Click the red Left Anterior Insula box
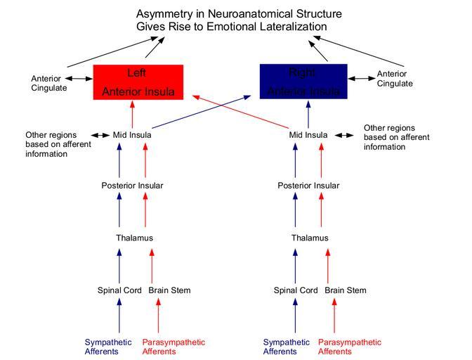coord(138,82)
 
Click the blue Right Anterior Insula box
coord(303,82)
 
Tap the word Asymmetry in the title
coord(165,14)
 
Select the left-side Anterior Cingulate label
coord(49,83)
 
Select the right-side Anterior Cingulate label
coord(395,79)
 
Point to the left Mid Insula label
coord(132,135)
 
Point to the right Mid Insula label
coord(308,135)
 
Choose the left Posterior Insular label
coord(132,186)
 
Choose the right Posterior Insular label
coord(308,186)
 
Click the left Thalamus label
coord(134,238)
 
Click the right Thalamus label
coord(310,238)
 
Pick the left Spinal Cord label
coord(119,290)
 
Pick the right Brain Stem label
coord(345,290)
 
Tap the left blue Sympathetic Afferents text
coord(108,347)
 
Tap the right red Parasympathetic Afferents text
coord(350,347)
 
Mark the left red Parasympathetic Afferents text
coord(173,347)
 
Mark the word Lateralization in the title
coord(291,27)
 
